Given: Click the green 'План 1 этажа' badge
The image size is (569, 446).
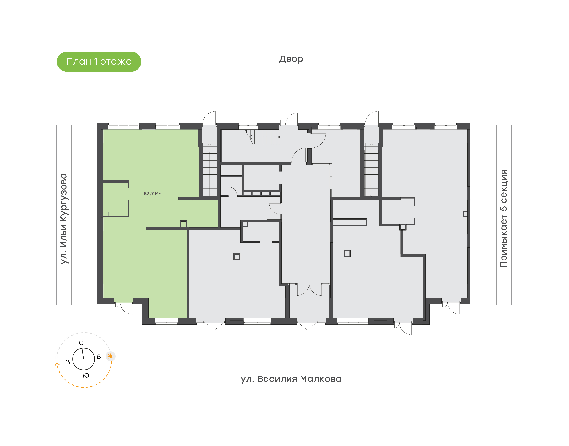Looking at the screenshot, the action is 99,62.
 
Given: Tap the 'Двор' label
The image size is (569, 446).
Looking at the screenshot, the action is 291,59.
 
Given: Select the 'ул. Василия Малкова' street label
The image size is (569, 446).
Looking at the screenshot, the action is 291,379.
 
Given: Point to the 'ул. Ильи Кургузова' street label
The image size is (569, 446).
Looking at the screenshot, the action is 64,219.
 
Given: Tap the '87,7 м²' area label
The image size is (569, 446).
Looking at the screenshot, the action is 152,193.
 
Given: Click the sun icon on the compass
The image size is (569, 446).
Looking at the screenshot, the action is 111,356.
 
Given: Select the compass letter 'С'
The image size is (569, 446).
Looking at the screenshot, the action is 81,343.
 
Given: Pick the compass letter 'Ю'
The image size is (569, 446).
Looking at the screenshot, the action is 86,376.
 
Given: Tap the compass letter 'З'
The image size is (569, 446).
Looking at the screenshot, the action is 68,362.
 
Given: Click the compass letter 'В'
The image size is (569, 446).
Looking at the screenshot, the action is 99,357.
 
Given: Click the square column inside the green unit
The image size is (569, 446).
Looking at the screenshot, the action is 184,224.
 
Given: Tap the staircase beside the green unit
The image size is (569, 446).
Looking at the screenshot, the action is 210,169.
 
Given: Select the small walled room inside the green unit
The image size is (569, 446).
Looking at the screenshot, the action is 116,199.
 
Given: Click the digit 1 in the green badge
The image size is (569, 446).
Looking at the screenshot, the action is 95,61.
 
